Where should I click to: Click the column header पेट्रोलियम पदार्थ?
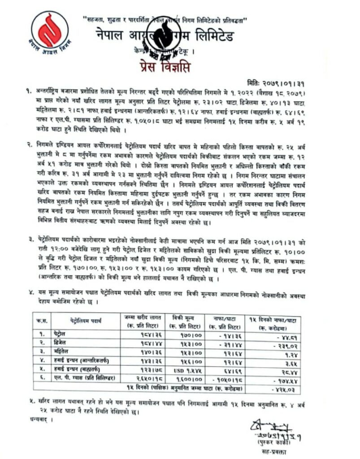point(86,320)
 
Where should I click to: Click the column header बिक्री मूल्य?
point(183,320)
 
